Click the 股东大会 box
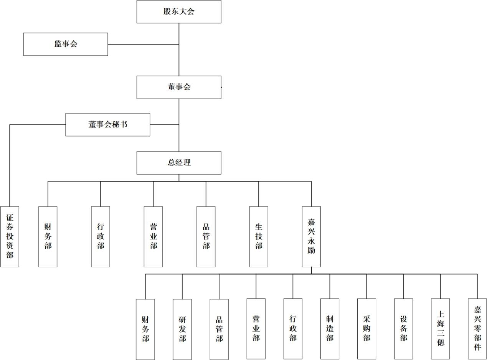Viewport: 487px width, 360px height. point(179,12)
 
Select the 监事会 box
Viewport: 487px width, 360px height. point(66,44)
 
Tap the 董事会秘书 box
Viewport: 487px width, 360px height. point(108,125)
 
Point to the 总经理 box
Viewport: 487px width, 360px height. point(179,163)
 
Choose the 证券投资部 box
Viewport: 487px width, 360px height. point(10,236)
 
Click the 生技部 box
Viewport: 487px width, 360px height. point(259,236)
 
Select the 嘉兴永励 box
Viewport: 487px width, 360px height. point(311,236)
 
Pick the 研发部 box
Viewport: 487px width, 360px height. point(182,329)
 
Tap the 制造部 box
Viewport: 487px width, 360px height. point(330,329)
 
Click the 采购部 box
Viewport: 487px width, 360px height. point(366,329)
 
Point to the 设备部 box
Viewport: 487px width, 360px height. point(403,329)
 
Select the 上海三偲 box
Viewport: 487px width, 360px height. point(440,329)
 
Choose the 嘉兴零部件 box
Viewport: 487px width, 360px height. point(477,329)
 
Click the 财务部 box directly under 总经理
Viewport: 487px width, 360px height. point(48,236)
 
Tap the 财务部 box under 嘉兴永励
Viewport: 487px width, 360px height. point(145,329)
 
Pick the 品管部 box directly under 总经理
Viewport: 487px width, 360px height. point(206,236)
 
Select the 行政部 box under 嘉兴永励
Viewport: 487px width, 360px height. point(293,329)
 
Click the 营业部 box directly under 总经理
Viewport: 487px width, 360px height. point(153,236)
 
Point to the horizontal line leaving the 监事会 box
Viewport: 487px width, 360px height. point(143,44)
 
